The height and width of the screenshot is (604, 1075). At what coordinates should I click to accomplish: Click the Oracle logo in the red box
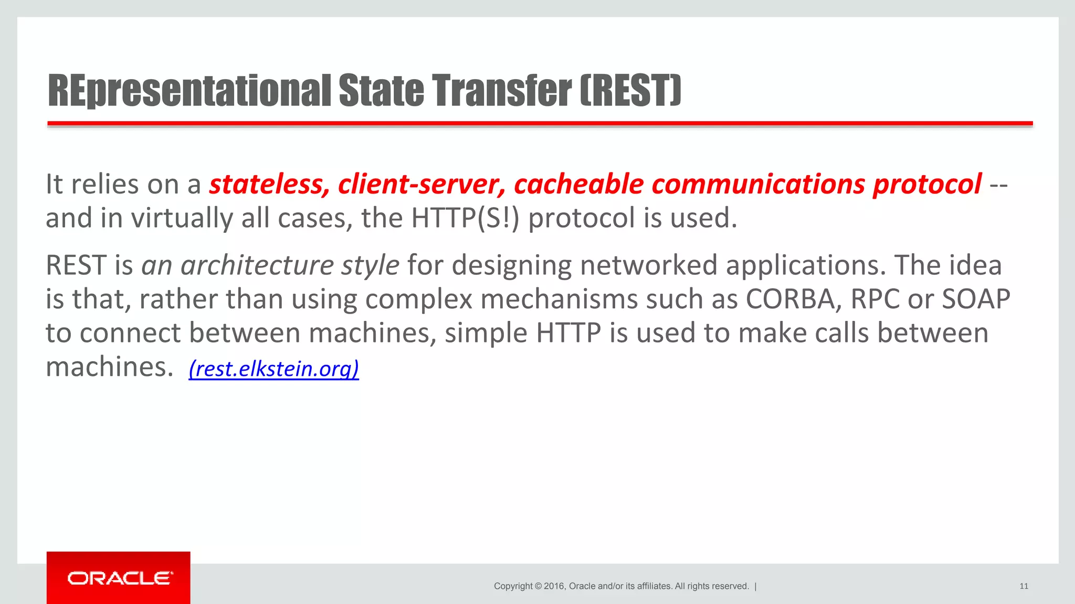coord(119,578)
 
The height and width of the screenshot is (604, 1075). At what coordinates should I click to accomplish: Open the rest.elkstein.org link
coord(273,369)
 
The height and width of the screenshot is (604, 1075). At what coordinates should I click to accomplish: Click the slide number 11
coord(1024,586)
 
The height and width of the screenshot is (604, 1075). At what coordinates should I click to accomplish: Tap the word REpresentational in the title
coord(189,91)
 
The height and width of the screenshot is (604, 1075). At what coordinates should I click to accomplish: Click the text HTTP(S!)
coord(465,218)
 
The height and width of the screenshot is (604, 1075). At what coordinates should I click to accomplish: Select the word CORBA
coord(793,299)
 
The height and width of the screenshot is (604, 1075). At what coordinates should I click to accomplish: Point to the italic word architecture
coord(257,265)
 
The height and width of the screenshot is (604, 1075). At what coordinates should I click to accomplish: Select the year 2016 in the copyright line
coord(554,586)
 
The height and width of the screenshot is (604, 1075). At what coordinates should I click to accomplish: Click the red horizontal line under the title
coord(540,124)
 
